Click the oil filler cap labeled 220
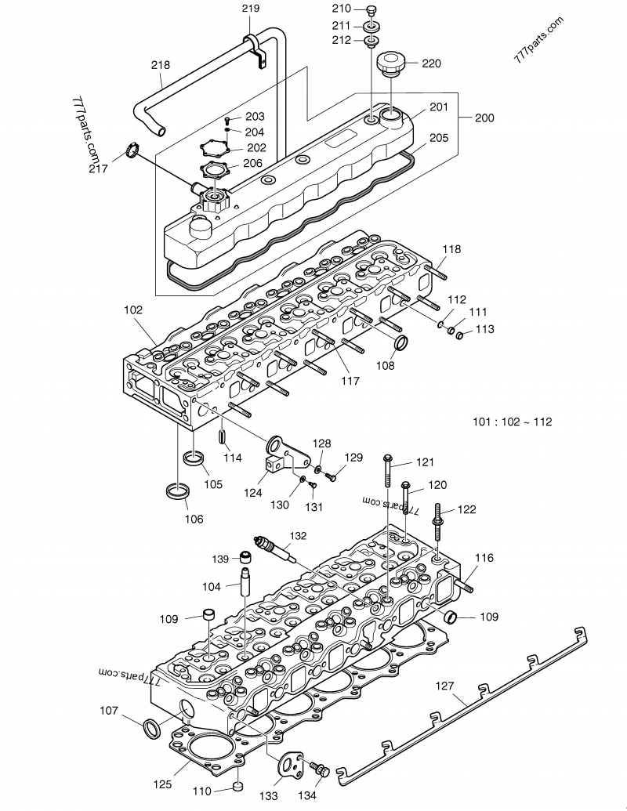pos(390,65)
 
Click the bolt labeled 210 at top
pos(371,10)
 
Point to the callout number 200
pos(484,118)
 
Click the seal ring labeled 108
pos(400,342)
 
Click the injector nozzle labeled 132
pos(272,549)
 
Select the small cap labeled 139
pos(245,558)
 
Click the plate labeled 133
pos(292,764)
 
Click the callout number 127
pos(444,686)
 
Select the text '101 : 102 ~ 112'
pos(512,422)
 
